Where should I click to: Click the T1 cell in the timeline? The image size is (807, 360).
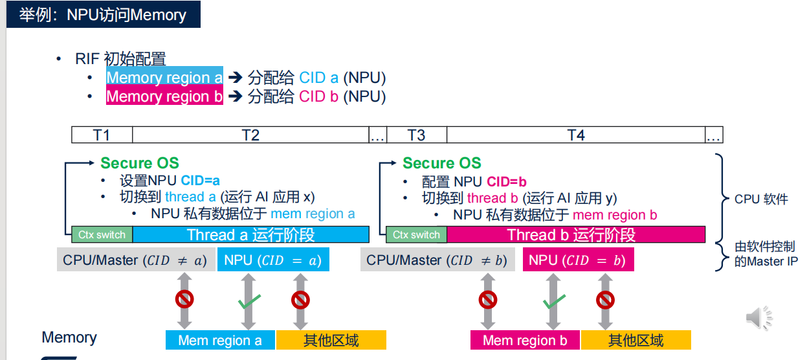pos(102,135)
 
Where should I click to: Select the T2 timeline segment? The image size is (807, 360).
pos(250,135)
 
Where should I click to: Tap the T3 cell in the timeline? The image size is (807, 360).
pos(416,135)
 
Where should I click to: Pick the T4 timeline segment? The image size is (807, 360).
pos(575,135)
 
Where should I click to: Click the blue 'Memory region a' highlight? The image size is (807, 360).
pos(164,78)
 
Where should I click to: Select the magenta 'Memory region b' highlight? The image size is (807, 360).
pos(164,96)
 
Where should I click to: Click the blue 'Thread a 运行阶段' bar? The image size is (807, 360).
pos(251,234)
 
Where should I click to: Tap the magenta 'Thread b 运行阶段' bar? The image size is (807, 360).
pos(575,234)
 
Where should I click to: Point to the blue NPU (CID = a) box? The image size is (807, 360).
pos(272,260)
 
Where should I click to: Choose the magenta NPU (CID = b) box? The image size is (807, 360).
pos(578,260)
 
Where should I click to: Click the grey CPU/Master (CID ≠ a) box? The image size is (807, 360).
pos(135,260)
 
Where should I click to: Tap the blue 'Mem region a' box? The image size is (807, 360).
pos(220,340)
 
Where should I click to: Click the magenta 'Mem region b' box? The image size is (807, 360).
pos(525,340)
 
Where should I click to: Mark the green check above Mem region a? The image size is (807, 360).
pos(249,302)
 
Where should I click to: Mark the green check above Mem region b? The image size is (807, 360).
pos(553,302)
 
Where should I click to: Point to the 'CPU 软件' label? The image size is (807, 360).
pos(761,199)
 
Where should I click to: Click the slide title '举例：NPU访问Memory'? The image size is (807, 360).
pos(103,14)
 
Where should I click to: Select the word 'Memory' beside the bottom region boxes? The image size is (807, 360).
pos(69,337)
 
